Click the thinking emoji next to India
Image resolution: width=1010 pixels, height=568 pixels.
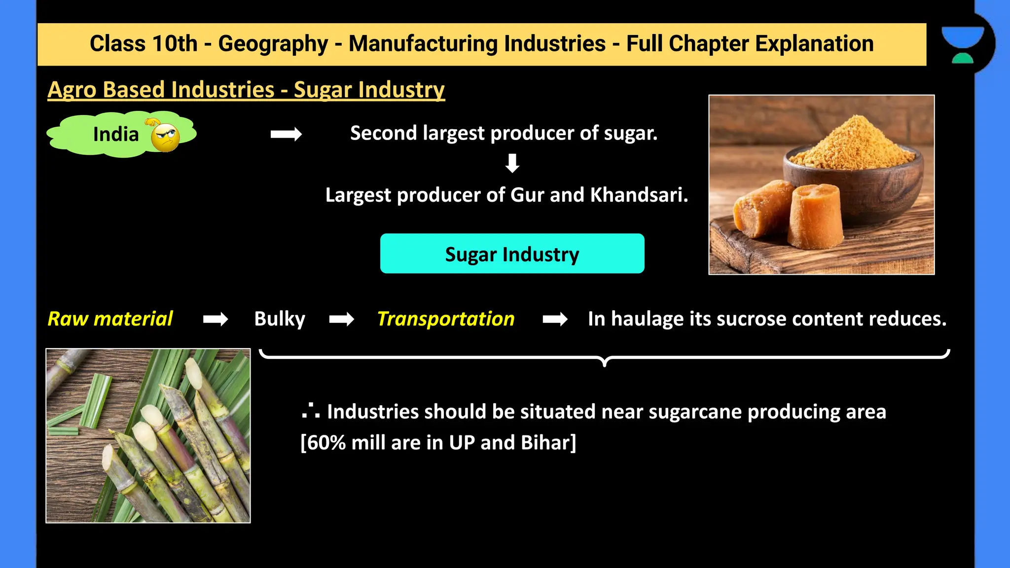pos(165,136)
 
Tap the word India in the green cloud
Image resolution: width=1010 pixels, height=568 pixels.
pos(116,135)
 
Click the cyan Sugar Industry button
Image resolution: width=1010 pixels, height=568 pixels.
pos(512,254)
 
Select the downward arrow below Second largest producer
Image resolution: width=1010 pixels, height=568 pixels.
pos(512,163)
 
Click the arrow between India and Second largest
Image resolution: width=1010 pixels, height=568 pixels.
pos(286,134)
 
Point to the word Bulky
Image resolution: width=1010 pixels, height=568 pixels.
pos(280,319)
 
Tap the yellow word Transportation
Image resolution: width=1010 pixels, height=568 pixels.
pos(446,319)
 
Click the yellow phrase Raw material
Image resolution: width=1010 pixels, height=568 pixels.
pos(110,319)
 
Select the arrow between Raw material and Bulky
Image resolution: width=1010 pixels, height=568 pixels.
pos(216,319)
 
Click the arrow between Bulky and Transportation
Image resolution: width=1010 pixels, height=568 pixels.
pos(342,319)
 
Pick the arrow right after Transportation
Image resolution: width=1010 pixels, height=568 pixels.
pos(555,319)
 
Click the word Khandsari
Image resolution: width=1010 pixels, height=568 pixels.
pos(639,195)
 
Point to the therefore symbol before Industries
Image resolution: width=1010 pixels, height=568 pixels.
pos(311,411)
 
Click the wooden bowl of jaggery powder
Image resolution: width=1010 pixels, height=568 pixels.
pos(853,173)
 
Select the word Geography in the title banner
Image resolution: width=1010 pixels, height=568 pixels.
pos(273,44)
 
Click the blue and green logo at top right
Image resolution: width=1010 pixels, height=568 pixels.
pos(962,44)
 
